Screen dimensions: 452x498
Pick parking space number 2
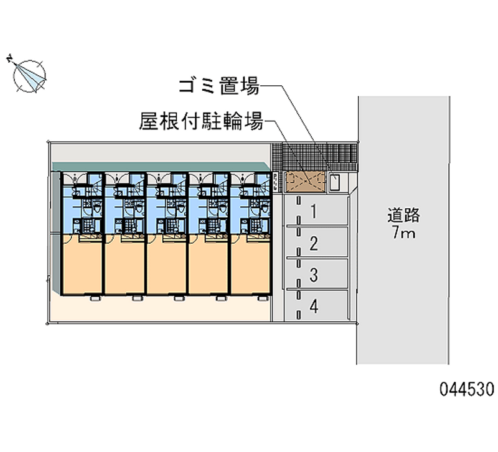pyautogui.click(x=314, y=243)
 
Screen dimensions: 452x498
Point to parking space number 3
pyautogui.click(x=314, y=274)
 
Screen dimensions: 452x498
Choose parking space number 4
pyautogui.click(x=314, y=306)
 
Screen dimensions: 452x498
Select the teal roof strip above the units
pyautogui.click(x=162, y=166)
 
